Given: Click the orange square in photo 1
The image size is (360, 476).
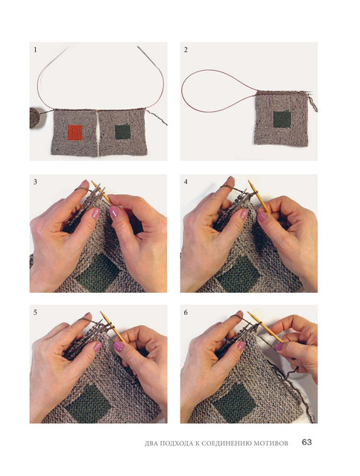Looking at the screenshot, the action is click(x=75, y=133).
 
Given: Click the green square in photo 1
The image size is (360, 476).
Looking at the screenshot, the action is click(x=123, y=132).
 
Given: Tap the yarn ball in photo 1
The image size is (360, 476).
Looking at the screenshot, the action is click(x=38, y=117).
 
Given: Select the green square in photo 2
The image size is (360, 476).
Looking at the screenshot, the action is click(x=282, y=119).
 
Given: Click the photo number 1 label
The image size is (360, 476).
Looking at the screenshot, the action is click(x=35, y=50).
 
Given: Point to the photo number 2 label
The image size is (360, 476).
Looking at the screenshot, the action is click(x=186, y=50).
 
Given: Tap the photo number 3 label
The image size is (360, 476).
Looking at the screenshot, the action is click(x=35, y=183).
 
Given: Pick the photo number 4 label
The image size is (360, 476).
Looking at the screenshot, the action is click(x=186, y=183).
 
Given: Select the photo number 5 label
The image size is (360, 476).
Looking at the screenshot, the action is click(x=35, y=312).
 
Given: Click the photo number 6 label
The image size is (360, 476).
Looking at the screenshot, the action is click(x=186, y=312).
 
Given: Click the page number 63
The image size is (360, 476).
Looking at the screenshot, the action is click(x=307, y=442).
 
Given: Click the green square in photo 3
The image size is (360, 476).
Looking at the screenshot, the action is click(x=98, y=273).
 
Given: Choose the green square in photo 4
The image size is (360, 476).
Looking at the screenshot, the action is click(x=239, y=274).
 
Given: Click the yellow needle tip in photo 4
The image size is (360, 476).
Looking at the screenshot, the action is click(x=249, y=181).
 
